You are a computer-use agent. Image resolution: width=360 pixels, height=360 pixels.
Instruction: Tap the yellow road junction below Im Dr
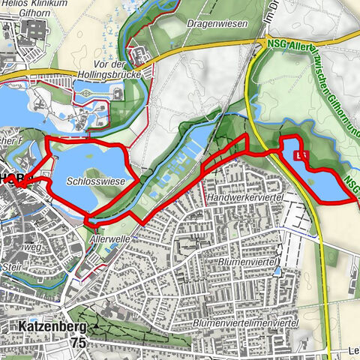[x=268, y=41]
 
